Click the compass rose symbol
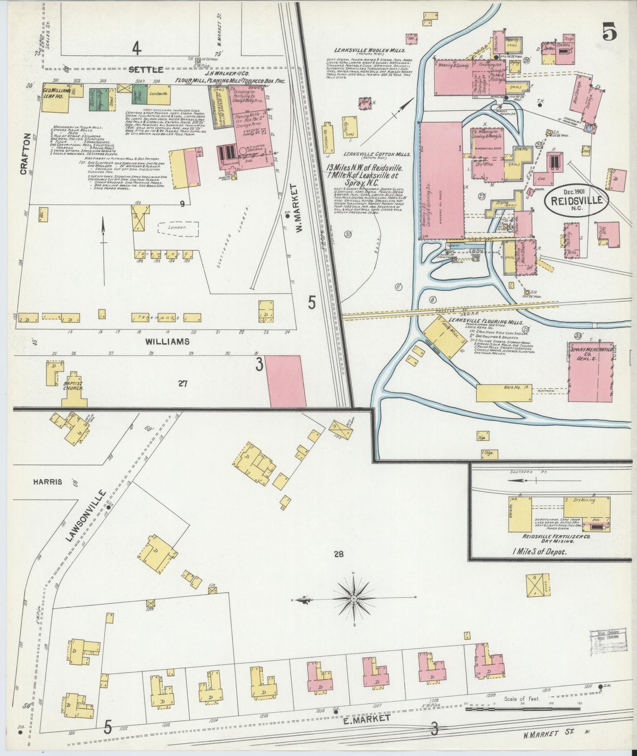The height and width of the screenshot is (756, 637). (354, 598)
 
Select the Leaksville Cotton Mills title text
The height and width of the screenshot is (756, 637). (377, 154)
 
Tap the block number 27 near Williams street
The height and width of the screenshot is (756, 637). (183, 384)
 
